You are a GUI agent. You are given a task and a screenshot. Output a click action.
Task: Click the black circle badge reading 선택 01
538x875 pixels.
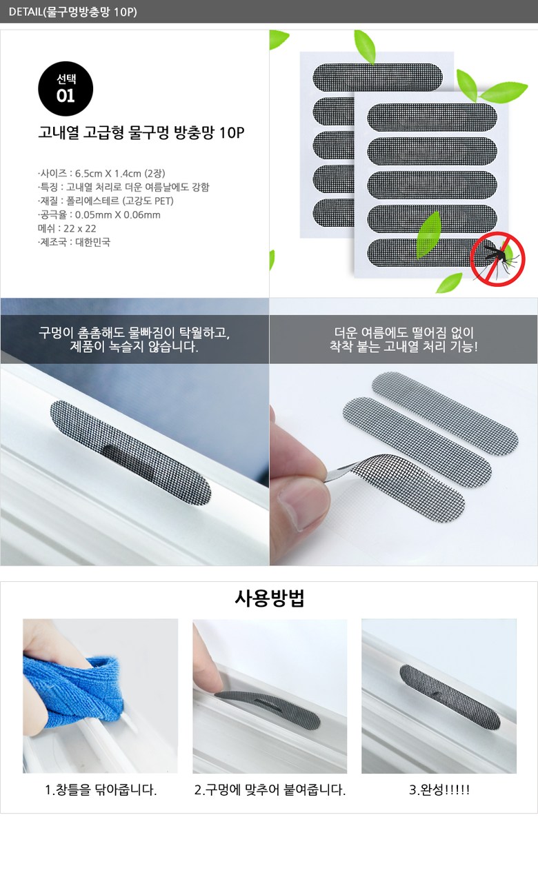(66, 89)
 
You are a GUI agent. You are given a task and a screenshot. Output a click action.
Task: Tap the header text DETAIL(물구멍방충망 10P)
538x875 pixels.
(72, 12)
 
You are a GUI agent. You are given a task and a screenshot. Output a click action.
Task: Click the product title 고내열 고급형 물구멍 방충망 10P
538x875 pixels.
(141, 132)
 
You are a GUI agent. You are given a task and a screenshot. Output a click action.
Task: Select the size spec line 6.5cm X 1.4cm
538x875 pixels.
(101, 173)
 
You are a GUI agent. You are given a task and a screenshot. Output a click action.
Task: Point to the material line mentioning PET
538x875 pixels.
(106, 201)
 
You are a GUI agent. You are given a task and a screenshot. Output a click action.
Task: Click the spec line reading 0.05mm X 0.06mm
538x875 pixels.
(99, 214)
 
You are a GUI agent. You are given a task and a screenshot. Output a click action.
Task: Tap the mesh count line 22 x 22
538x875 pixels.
(67, 228)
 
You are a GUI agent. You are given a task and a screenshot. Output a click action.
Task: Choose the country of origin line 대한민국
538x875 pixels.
(74, 242)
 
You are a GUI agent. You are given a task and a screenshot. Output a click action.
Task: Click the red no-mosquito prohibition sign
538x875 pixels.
(497, 259)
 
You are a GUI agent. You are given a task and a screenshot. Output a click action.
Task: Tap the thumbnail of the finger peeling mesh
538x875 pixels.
(403, 465)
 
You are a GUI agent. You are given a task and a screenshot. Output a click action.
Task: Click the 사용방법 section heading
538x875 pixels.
(269, 598)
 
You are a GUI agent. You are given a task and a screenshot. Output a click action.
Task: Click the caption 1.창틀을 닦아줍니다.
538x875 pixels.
(101, 789)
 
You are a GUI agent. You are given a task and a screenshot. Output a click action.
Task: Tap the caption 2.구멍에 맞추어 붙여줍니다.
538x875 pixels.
(270, 789)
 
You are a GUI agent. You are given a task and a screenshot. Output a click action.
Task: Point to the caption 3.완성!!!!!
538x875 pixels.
(439, 789)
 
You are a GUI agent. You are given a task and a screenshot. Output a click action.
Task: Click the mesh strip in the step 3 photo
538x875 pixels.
(450, 697)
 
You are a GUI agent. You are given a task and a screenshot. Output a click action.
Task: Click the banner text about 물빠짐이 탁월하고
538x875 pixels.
(134, 339)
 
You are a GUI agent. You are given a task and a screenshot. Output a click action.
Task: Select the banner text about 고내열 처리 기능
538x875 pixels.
(403, 339)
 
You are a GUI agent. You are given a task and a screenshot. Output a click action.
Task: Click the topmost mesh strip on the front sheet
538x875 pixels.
(432, 117)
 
